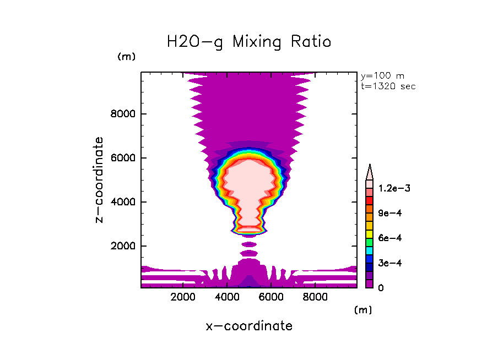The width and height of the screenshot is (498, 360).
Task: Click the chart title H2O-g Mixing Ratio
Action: click(x=249, y=42)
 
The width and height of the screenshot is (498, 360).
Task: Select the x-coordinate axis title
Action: click(x=249, y=326)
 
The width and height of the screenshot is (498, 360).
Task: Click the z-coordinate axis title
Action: click(x=100, y=179)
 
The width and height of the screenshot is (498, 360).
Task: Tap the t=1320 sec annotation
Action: click(x=388, y=86)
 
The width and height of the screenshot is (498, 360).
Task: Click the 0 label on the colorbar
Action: click(x=381, y=287)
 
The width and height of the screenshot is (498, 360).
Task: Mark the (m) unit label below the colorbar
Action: click(x=363, y=310)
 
